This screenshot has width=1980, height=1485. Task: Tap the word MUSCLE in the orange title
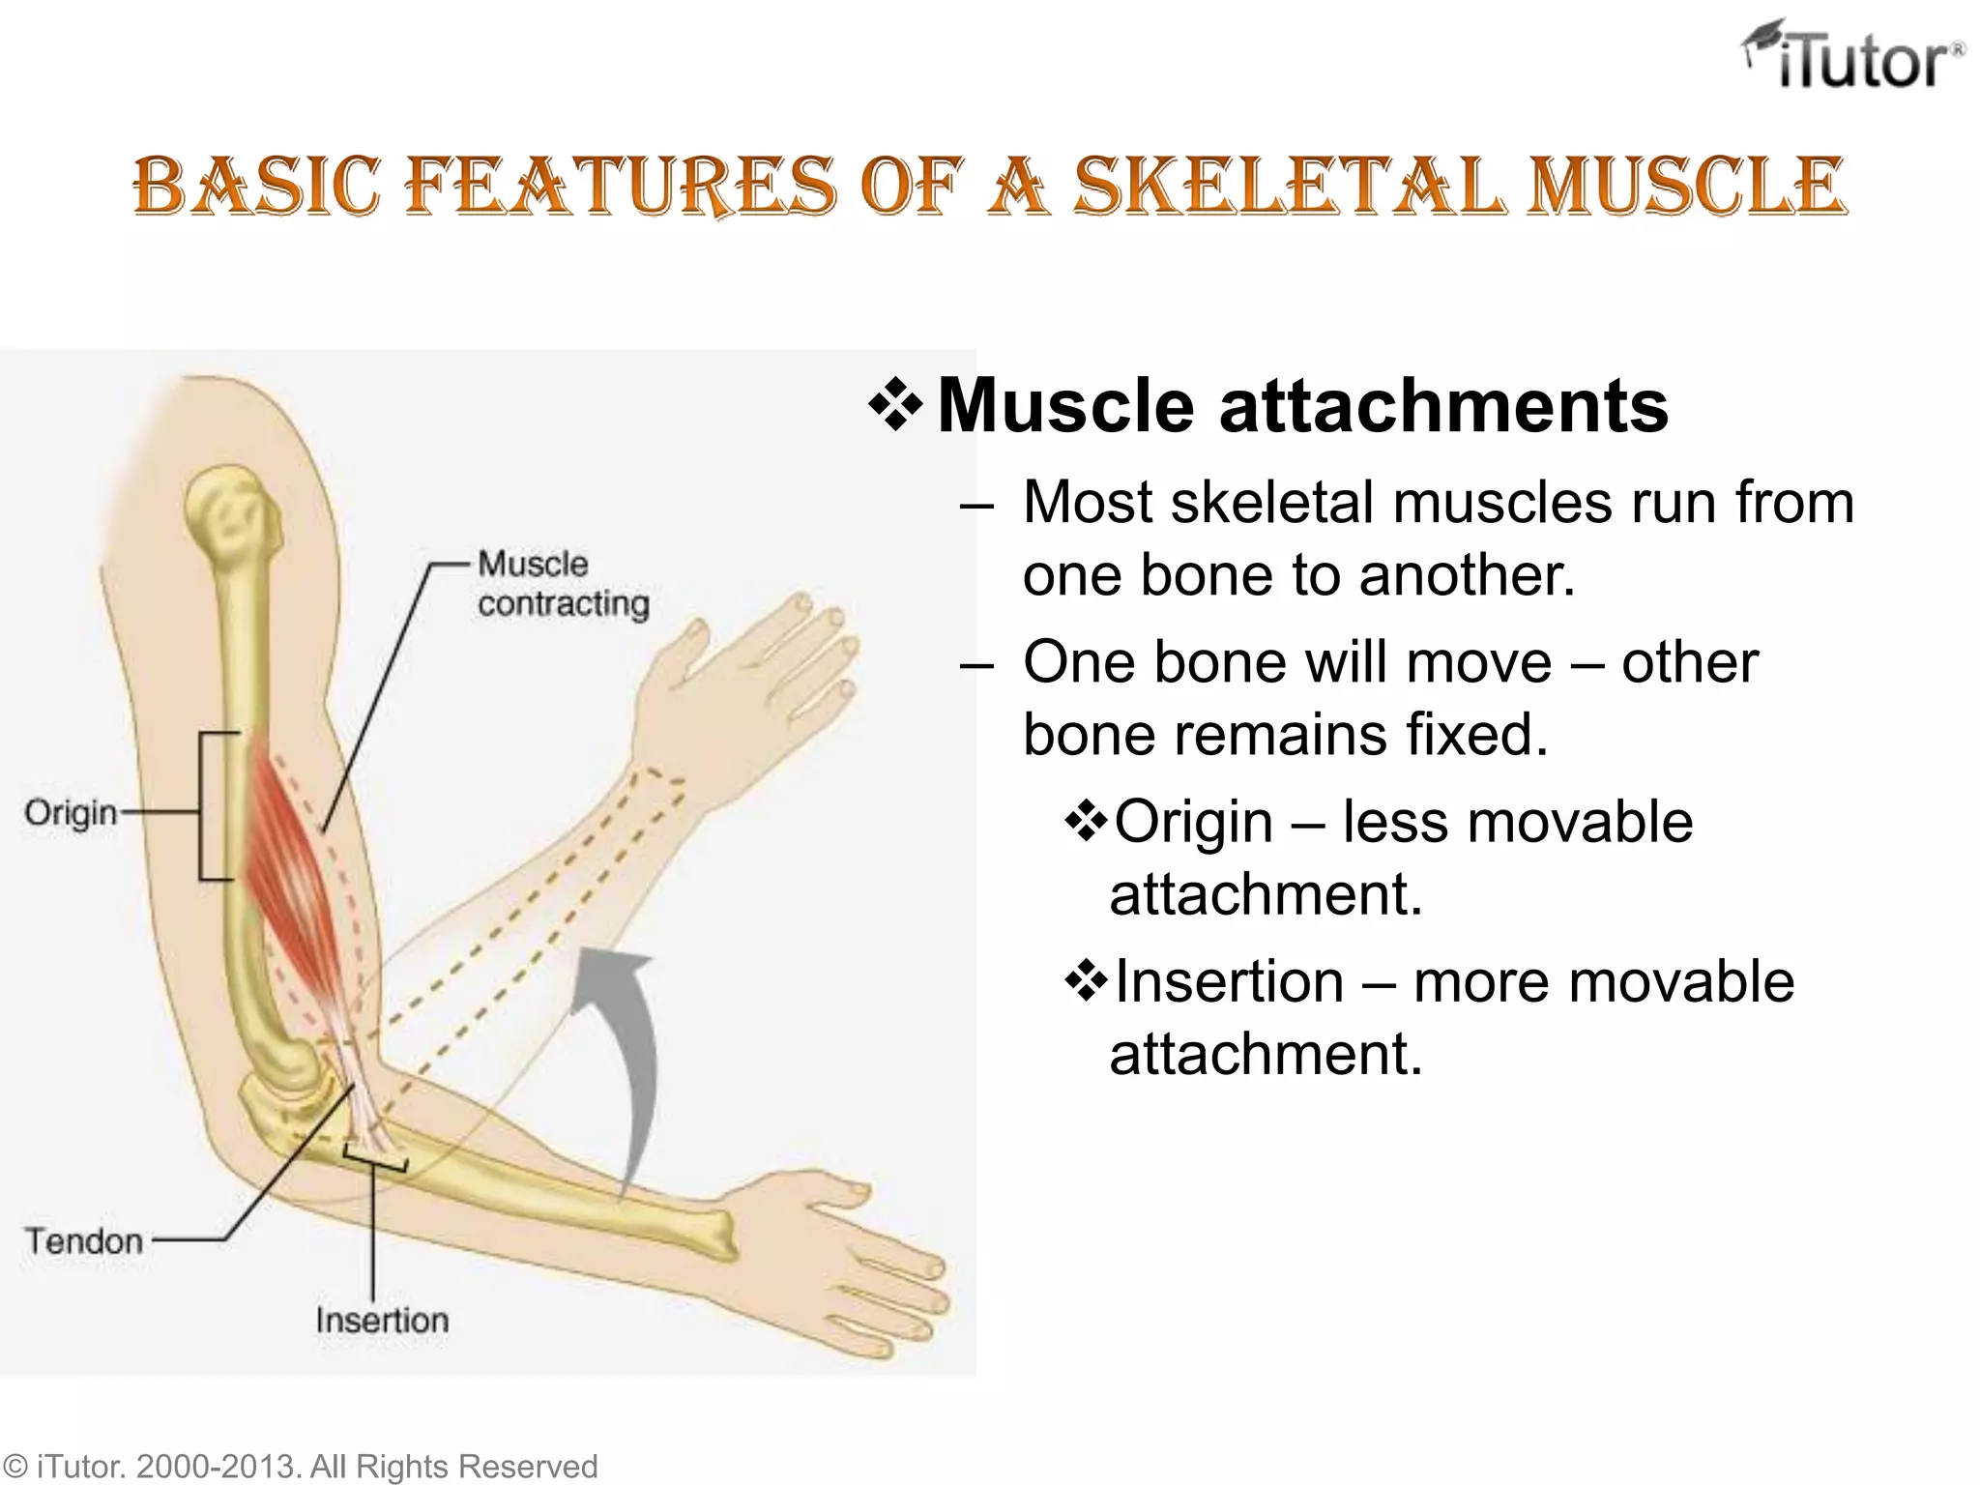(x=1686, y=186)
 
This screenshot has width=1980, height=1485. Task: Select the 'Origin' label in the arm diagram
(x=71, y=813)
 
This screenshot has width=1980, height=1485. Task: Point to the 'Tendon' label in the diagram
(x=84, y=1240)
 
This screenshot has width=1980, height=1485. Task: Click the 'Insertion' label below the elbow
(x=382, y=1320)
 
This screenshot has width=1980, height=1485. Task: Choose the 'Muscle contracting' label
(x=563, y=584)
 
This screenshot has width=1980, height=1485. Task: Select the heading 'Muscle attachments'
(x=1302, y=405)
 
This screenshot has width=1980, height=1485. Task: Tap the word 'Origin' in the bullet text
(x=1193, y=822)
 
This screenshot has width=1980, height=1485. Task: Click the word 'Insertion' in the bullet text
(x=1229, y=981)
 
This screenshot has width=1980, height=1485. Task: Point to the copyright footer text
(x=300, y=1466)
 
